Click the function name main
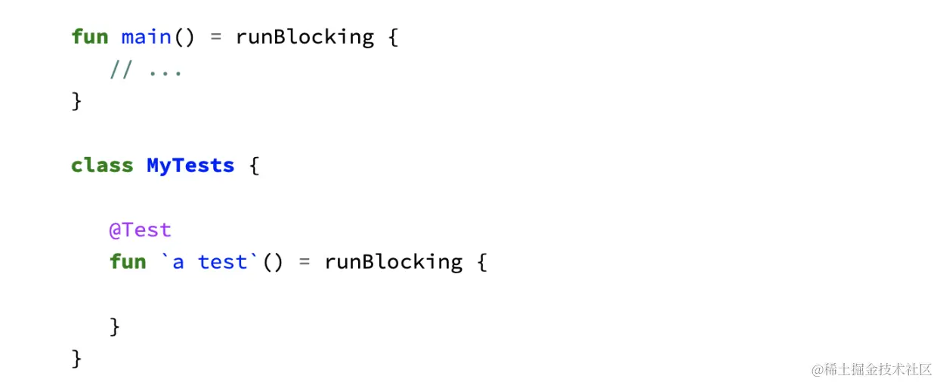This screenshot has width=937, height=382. [146, 36]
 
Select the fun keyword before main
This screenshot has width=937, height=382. [90, 36]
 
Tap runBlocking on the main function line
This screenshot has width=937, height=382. [305, 36]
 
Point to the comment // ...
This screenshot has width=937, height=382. [121, 71]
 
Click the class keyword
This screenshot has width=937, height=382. [102, 165]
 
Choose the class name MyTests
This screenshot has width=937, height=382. [190, 165]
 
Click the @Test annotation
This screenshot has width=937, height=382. [141, 230]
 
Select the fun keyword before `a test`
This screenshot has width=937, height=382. [128, 261]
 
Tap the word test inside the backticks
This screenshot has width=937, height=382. [222, 261]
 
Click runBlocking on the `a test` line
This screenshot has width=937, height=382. [393, 261]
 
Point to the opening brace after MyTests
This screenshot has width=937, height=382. [254, 166]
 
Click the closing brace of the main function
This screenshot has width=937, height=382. [76, 101]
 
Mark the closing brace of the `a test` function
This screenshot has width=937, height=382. [115, 326]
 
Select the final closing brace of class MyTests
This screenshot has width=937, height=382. [76, 358]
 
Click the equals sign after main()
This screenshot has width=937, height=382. [215, 37]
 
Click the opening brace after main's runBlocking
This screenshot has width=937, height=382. [392, 37]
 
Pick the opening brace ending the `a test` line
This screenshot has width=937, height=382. [481, 262]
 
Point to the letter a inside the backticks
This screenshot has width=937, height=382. [178, 262]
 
